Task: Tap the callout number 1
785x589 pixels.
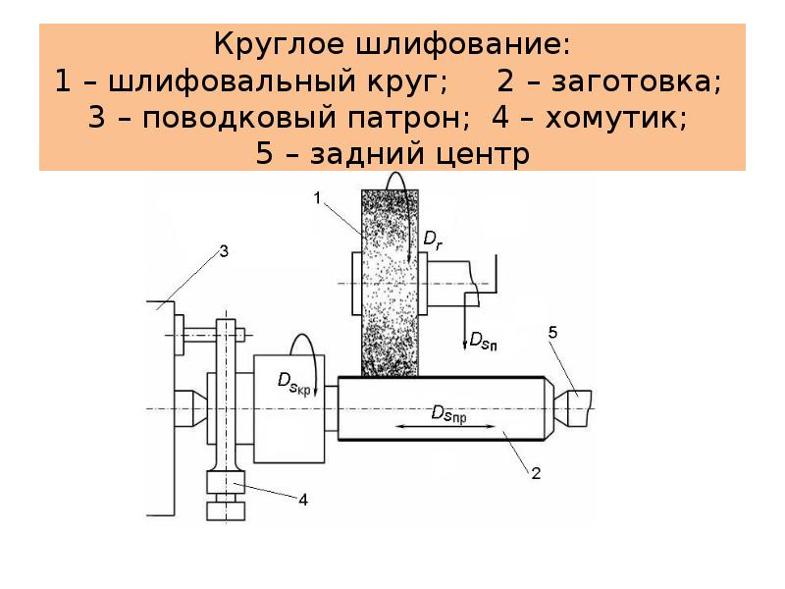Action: coord(318,198)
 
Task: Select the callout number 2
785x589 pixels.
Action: coord(537,474)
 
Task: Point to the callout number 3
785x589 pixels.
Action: coord(224,251)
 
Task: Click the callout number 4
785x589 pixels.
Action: coord(303,500)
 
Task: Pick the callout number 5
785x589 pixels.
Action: coord(552,334)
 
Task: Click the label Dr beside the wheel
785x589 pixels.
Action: coord(433,237)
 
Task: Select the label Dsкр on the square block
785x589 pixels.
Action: coord(296,381)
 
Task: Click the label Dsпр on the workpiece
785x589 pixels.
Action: coord(448,413)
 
